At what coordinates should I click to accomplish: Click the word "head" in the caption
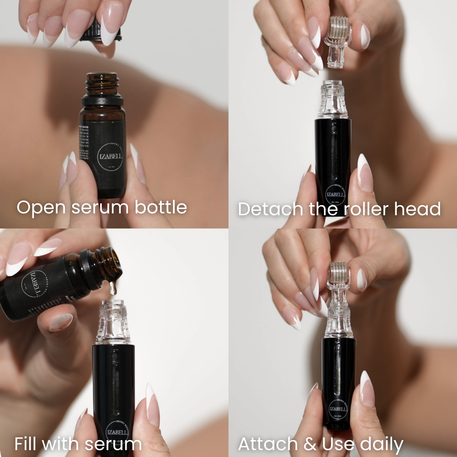(x=419, y=209)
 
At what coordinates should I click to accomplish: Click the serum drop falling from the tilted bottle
(x=113, y=287)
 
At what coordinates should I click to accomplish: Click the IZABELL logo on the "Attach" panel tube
(x=338, y=408)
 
